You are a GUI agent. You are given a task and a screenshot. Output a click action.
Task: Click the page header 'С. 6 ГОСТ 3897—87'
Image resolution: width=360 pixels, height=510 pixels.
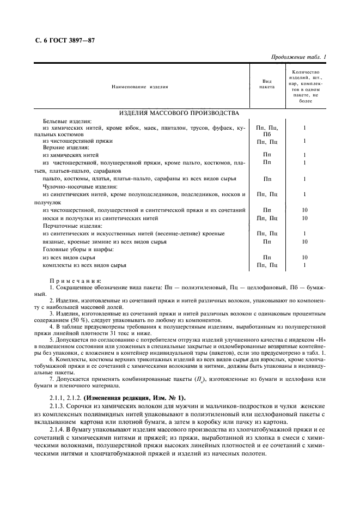62,41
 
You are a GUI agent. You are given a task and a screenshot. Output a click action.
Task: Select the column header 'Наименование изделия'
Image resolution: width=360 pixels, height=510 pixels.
139,87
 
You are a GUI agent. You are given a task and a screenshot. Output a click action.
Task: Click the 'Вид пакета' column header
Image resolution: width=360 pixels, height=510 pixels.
267,83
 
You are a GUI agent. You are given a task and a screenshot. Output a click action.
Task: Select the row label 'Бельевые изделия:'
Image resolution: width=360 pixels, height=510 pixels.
67,120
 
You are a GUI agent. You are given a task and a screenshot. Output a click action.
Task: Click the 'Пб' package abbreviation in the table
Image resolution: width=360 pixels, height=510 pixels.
267,134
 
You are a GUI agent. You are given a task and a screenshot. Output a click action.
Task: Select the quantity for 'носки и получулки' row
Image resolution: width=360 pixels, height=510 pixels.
305,218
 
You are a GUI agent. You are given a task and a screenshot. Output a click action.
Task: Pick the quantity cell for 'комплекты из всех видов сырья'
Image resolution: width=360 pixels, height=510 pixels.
305,265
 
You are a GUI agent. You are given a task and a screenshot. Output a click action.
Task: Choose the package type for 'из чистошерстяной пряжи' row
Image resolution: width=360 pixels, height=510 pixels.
267,141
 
